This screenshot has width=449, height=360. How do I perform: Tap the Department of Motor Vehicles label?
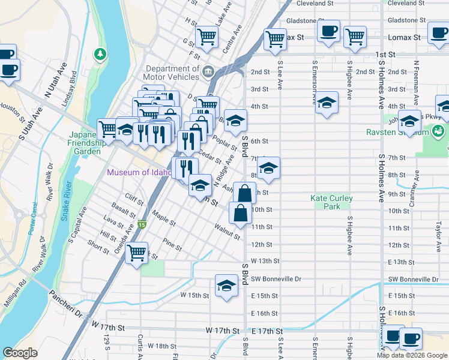click(172, 73)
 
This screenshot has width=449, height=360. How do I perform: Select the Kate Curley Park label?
click(331, 202)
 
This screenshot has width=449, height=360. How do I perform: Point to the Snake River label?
click(67, 200)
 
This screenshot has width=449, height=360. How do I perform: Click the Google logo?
click(20, 353)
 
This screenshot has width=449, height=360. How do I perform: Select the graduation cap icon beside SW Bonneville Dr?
click(226, 286)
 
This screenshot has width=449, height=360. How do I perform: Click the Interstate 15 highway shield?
click(142, 225)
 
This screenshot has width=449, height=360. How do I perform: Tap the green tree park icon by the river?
click(99, 55)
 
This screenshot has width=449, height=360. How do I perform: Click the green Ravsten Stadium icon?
click(439, 130)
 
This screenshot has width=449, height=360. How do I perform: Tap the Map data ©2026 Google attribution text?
click(412, 355)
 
